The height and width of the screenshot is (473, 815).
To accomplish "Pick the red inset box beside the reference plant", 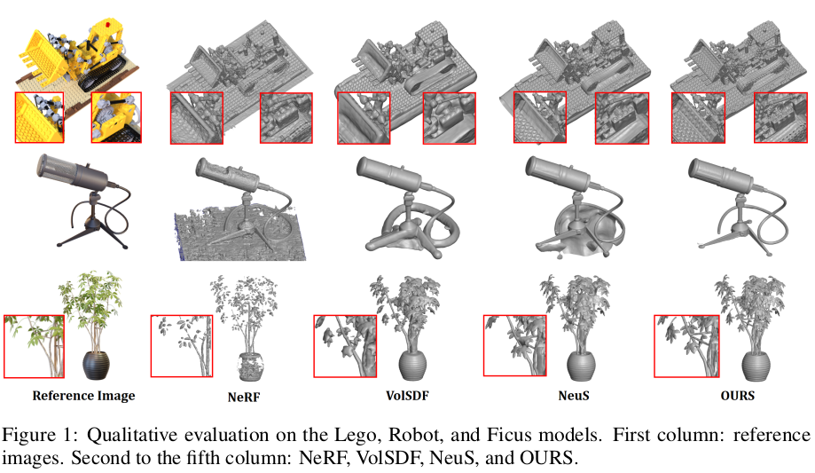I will coord(33,345).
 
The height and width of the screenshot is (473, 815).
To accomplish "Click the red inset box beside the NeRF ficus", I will coord(181,345).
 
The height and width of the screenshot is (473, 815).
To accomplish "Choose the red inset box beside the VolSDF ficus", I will coord(345,345).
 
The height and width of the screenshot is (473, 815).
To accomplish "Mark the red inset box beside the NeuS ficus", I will coord(513,345).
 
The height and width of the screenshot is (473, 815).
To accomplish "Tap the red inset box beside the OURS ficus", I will coord(685,345).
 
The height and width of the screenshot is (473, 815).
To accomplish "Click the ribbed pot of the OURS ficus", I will coord(752,362).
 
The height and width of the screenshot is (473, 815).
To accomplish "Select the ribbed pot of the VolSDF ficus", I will coord(414,363).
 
